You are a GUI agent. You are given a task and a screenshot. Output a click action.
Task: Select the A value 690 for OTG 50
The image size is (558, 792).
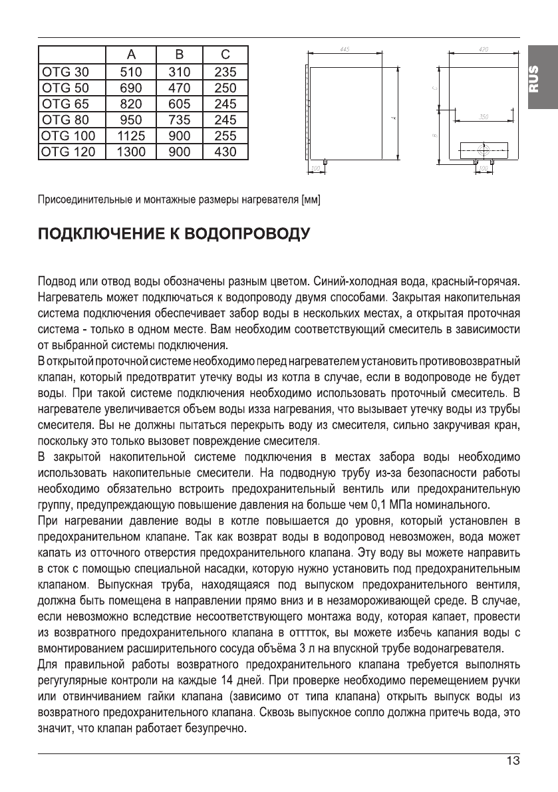[x=130, y=88]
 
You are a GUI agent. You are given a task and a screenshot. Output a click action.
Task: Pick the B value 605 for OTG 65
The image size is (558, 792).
[x=180, y=104]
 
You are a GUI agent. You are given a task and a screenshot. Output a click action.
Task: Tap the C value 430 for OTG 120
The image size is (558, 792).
[x=225, y=152]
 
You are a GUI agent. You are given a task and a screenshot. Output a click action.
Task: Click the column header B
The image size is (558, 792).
[x=180, y=55]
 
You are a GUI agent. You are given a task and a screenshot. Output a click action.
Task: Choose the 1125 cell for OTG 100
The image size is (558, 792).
[x=130, y=136]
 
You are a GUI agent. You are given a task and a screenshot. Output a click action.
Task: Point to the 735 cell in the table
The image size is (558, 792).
[x=180, y=120]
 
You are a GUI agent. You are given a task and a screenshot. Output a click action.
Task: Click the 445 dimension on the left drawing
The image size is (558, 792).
[x=344, y=50]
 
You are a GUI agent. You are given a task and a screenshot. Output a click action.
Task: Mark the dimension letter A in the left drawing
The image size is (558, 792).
[x=392, y=117]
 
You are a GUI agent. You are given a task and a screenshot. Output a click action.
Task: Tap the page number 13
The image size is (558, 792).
[x=513, y=761]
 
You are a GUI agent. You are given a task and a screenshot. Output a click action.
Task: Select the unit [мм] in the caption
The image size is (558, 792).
[x=311, y=199]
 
